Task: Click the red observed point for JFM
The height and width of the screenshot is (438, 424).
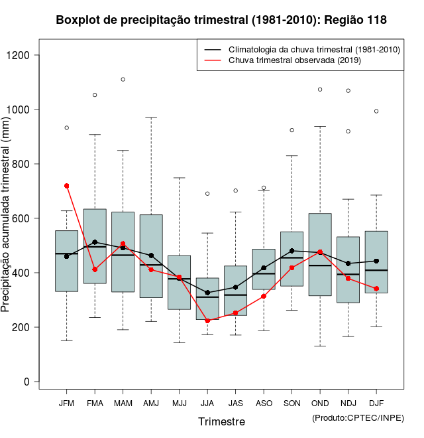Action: pos(67,186)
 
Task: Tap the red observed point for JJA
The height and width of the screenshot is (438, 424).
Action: pos(207,321)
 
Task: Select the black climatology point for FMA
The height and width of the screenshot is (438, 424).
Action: pos(95,242)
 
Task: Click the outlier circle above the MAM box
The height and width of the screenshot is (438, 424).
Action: pos(123,80)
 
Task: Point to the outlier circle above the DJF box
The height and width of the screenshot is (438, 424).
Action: pos(376,111)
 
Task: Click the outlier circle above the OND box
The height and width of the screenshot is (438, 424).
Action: pos(320,89)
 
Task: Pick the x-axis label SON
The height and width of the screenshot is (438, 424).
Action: pos(292,403)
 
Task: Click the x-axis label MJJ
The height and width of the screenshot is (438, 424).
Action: pos(180,403)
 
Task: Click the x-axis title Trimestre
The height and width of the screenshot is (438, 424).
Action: pos(221,421)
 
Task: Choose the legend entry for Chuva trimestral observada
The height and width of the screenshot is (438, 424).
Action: pos(294,60)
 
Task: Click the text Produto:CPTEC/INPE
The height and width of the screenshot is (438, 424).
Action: pos(358,417)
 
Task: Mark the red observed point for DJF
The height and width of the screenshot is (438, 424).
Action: pos(376,289)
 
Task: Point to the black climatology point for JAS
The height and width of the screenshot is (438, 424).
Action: pos(235,287)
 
